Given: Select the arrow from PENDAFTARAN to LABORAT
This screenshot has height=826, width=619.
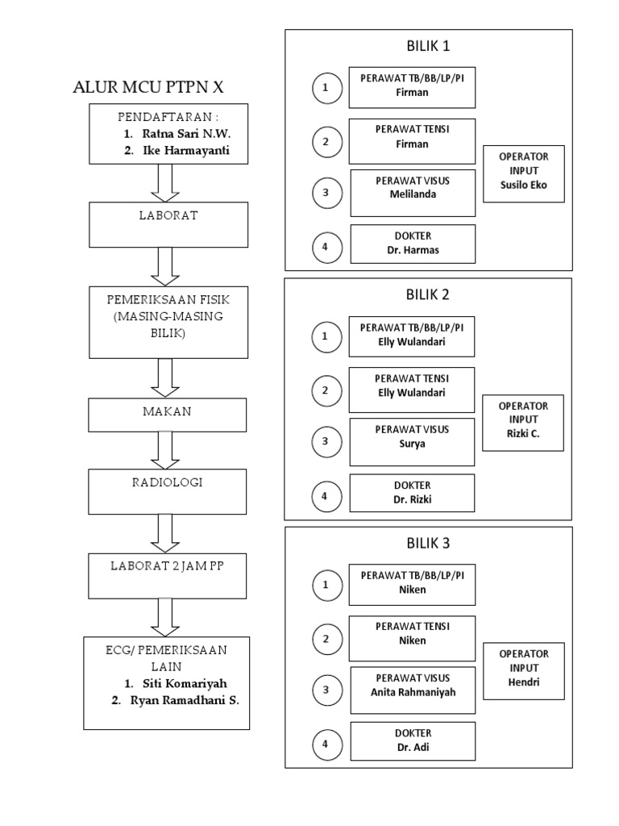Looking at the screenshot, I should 167,182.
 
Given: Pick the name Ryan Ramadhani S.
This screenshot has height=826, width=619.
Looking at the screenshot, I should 185,700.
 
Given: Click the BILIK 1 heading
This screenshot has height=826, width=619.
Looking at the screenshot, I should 429,46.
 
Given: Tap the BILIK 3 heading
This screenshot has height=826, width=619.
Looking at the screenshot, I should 429,543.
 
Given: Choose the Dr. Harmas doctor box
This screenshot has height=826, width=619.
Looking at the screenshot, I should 412,244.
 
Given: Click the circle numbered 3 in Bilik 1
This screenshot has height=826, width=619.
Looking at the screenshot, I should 326,193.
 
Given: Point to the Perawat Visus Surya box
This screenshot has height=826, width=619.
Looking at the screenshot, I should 412,441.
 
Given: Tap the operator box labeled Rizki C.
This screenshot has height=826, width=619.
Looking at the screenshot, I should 523,423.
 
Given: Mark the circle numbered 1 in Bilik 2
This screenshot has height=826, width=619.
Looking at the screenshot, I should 326,336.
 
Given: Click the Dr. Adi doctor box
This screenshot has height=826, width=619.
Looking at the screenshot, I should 412,740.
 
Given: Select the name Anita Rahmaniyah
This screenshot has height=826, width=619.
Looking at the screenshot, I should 412,692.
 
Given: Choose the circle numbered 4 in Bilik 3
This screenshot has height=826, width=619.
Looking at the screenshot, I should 326,744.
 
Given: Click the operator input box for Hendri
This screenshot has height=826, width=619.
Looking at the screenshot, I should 524,670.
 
